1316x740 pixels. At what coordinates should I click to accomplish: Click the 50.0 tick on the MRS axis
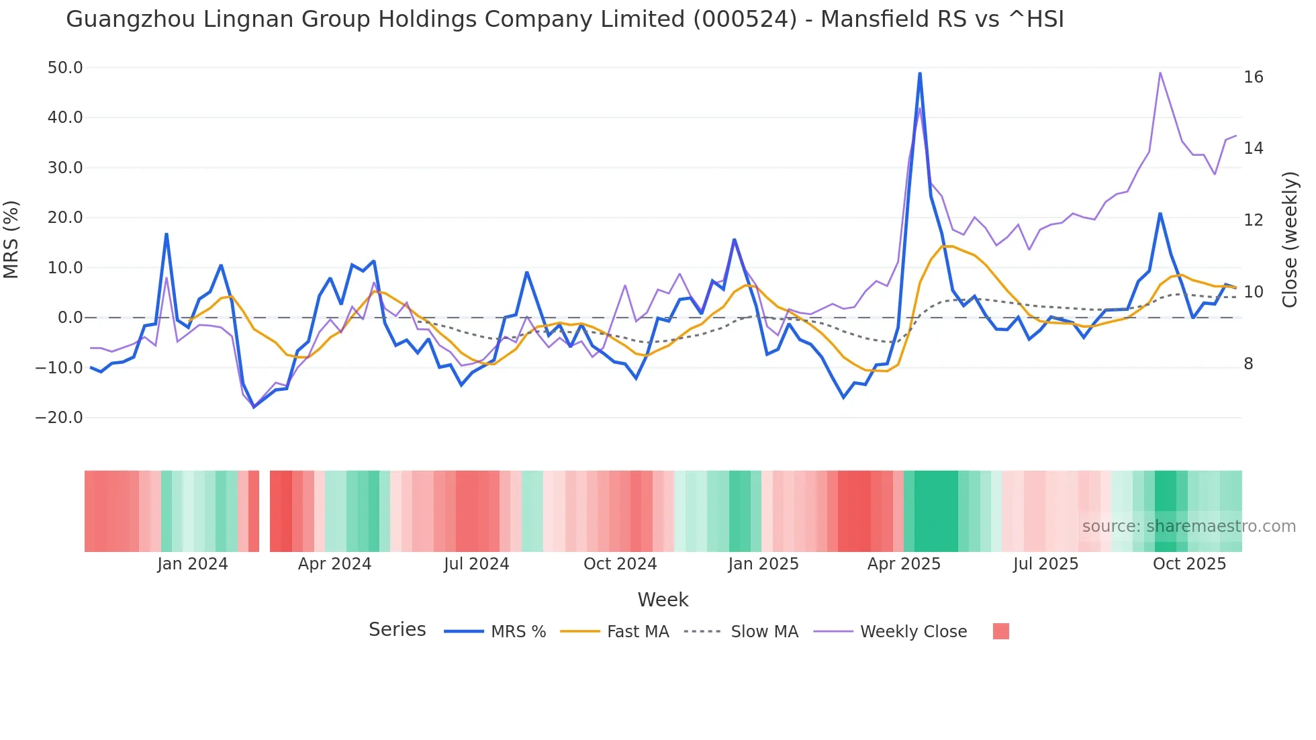point(64,68)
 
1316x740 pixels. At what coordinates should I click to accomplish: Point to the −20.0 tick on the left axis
point(59,418)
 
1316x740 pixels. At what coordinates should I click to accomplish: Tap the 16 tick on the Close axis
point(1253,77)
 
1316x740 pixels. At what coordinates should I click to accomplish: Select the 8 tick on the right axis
point(1248,364)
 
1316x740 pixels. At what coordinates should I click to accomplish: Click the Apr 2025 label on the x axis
point(904,564)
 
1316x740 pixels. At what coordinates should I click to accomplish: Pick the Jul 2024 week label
point(476,564)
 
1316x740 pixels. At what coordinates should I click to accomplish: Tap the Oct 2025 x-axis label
point(1189,564)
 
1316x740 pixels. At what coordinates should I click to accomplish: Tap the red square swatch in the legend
point(1000,631)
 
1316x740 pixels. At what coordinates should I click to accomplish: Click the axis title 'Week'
point(663,600)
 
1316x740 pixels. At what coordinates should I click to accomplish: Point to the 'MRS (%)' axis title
point(11,240)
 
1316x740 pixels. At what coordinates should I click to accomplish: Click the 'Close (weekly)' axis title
point(1289,240)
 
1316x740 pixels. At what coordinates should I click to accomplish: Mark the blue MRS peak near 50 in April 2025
point(920,73)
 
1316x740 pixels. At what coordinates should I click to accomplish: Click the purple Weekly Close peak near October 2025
point(1160,73)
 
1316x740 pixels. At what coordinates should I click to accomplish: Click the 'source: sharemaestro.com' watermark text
point(1188,526)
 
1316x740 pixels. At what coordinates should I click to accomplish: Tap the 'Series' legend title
point(397,630)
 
